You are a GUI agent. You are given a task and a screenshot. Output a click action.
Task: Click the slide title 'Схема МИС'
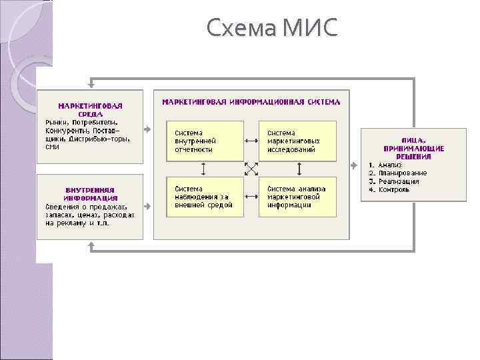[x=272, y=28]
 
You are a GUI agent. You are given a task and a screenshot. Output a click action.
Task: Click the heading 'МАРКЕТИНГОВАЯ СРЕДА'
[x=91, y=109]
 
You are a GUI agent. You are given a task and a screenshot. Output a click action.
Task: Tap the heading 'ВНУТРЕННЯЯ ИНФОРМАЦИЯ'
[x=91, y=193]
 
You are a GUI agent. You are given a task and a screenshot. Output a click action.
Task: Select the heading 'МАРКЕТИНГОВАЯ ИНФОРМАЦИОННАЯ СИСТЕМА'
[x=251, y=102]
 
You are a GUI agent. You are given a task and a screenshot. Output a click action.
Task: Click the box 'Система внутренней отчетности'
[x=204, y=141]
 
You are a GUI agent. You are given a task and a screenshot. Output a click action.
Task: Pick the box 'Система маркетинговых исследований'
[x=297, y=141]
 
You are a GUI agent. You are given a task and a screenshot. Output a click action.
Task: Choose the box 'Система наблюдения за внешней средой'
[x=204, y=197]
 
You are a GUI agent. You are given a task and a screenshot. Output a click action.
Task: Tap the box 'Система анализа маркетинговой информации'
[x=297, y=197]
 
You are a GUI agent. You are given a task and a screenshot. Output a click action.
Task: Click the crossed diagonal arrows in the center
[x=251, y=169]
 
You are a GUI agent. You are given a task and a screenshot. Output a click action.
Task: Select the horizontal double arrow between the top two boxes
[x=251, y=141]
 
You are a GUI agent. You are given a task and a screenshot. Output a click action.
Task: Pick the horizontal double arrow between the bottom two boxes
[x=251, y=197]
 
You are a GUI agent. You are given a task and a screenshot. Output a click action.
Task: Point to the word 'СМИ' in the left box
[x=53, y=147]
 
